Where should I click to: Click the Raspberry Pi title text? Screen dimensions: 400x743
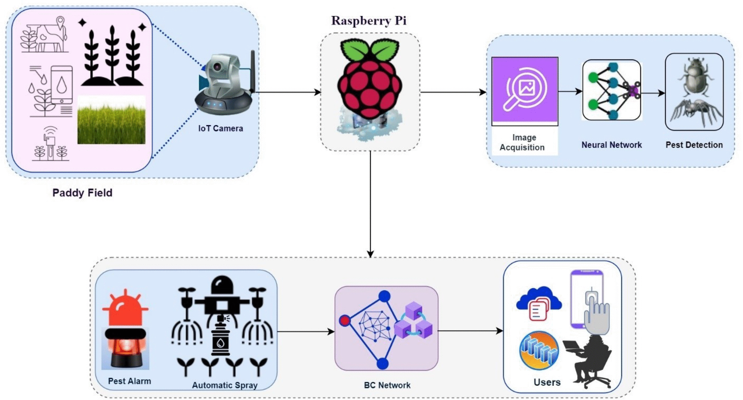[x=369, y=21]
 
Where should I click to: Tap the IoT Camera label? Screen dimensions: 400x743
[x=221, y=128]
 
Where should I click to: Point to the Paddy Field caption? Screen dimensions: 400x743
[x=83, y=193]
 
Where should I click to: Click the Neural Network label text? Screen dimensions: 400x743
[x=612, y=145]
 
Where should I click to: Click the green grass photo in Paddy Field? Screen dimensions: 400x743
[x=111, y=120]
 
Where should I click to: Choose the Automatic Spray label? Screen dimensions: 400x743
[x=225, y=385]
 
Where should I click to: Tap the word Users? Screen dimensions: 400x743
[x=547, y=382]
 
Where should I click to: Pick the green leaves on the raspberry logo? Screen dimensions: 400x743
[x=370, y=51]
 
